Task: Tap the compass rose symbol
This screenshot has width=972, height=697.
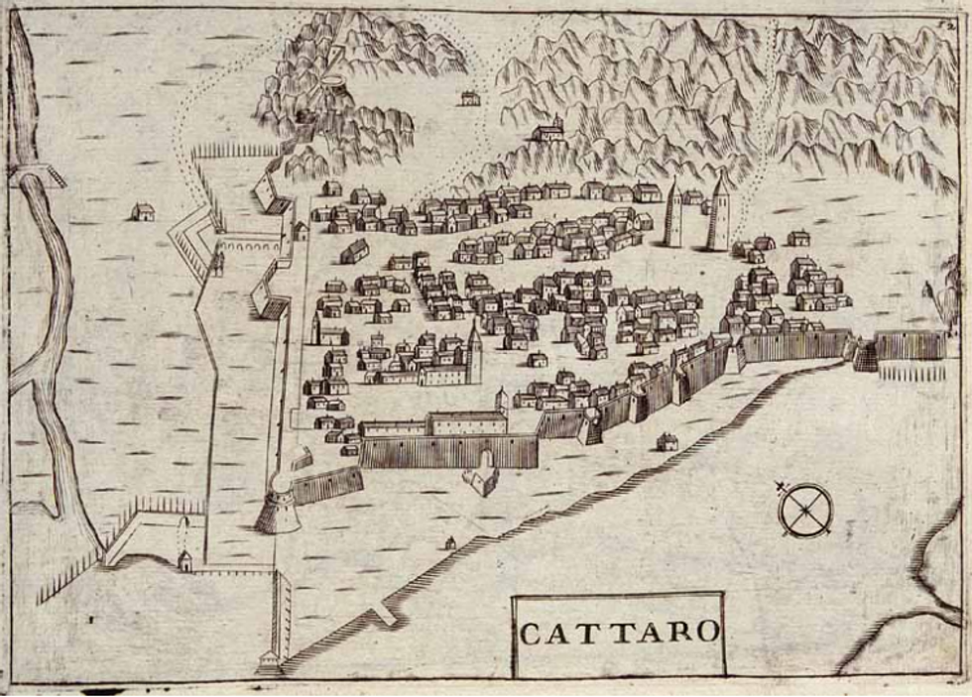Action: tap(805, 510)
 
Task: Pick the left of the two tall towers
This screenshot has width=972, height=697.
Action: tap(674, 214)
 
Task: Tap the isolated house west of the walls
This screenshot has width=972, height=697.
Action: tap(143, 211)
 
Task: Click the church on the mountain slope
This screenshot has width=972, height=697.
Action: tap(548, 130)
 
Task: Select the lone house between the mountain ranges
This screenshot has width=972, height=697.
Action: tap(469, 97)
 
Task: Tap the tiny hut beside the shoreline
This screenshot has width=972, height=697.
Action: tap(450, 542)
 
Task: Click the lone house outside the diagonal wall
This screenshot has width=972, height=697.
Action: tap(668, 441)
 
